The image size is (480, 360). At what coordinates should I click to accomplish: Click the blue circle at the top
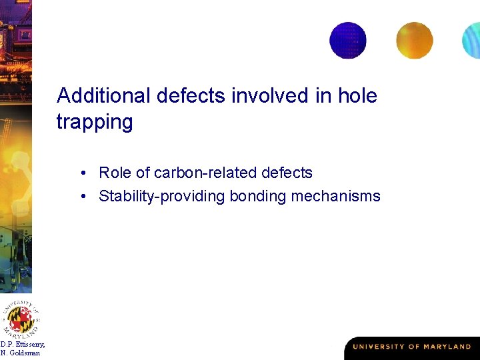pyautogui.click(x=348, y=40)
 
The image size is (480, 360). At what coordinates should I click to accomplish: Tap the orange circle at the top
pyautogui.click(x=414, y=40)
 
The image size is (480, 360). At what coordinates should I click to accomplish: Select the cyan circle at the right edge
pyautogui.click(x=472, y=41)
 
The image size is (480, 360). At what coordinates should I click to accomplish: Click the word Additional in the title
pyautogui.click(x=104, y=96)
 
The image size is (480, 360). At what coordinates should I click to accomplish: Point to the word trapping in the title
pyautogui.click(x=95, y=123)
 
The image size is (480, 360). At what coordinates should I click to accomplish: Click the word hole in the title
pyautogui.click(x=357, y=96)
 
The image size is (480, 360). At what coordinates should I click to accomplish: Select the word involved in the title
pyautogui.click(x=272, y=96)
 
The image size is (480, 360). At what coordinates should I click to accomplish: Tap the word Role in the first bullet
pyautogui.click(x=115, y=173)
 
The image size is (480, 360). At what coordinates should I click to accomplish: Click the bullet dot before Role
pyautogui.click(x=86, y=174)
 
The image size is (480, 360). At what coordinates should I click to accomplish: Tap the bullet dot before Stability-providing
pyautogui.click(x=86, y=197)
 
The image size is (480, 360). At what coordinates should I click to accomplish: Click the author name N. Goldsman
pyautogui.click(x=21, y=353)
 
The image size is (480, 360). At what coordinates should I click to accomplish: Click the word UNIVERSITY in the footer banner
pyautogui.click(x=377, y=347)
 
